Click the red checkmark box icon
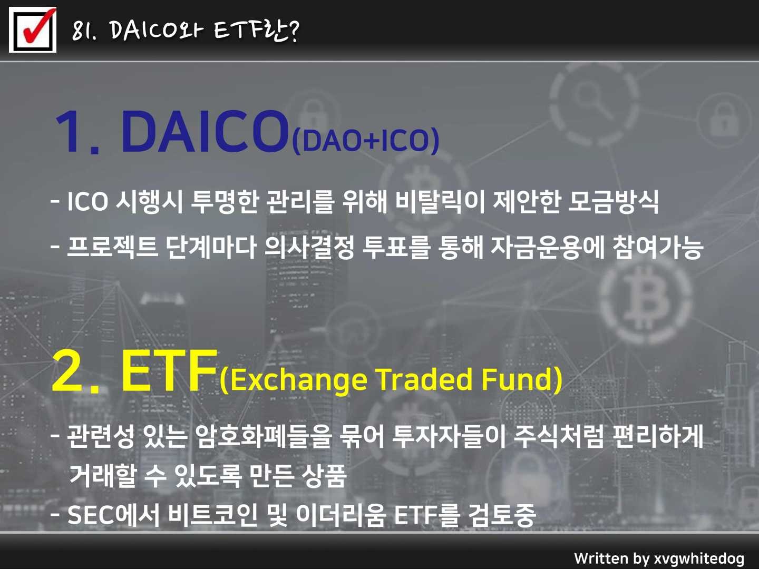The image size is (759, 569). pos(33,30)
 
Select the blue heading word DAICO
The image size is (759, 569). pos(205,131)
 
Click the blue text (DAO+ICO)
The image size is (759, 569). pos(365,140)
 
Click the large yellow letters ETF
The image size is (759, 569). pos(169,372)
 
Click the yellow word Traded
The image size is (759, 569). pos(425,379)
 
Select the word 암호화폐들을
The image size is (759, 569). pos(264,436)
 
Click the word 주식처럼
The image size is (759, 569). pos(558,436)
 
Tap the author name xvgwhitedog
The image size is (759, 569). pos(699,558)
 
